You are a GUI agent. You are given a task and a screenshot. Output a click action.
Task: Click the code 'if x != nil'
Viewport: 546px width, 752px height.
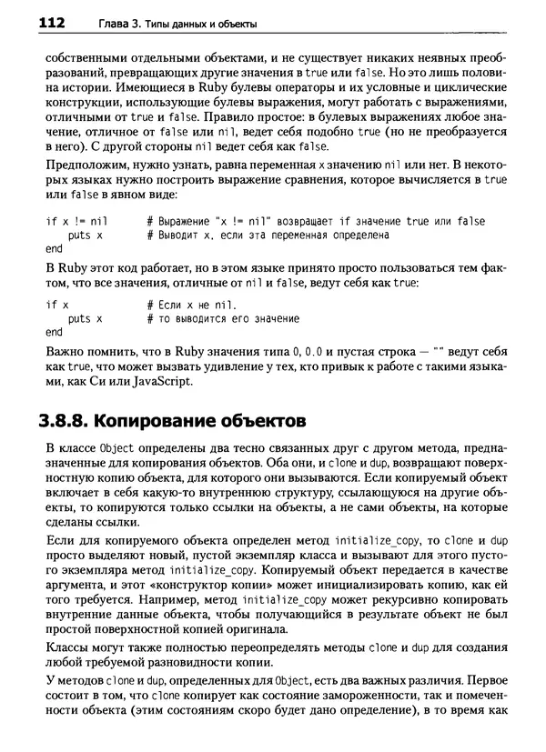click(76, 221)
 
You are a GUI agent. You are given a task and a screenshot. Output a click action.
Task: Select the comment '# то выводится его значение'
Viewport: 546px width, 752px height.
click(222, 319)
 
